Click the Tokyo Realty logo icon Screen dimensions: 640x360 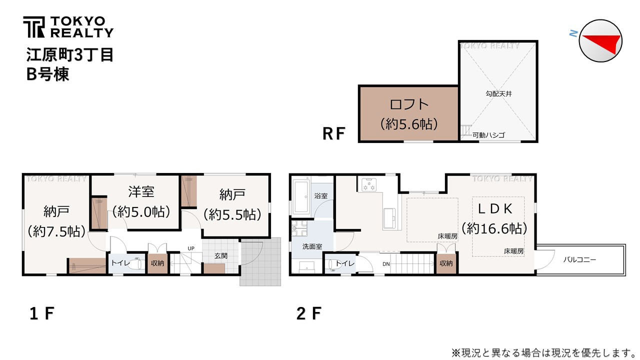click(33, 27)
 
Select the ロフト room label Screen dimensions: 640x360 click(409, 104)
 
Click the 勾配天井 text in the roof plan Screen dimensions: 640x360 click(498, 93)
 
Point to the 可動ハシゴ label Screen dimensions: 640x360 click(488, 135)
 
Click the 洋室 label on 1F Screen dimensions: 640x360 click(141, 191)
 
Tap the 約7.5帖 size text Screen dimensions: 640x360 click(56, 231)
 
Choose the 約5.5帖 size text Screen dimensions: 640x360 click(232, 214)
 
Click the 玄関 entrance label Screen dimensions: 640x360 click(221, 255)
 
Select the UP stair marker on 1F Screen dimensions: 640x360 click(191, 248)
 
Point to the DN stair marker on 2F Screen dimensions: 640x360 click(386, 264)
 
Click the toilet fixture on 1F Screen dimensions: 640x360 click(135, 263)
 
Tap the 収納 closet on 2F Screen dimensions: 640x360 click(446, 263)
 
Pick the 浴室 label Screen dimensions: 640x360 click(321, 196)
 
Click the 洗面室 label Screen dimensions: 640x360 click(312, 246)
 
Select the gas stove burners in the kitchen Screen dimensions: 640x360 click(369, 184)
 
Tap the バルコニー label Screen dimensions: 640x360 click(579, 259)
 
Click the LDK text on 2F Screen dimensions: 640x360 click(495, 209)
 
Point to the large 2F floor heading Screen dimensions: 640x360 click(309, 313)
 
